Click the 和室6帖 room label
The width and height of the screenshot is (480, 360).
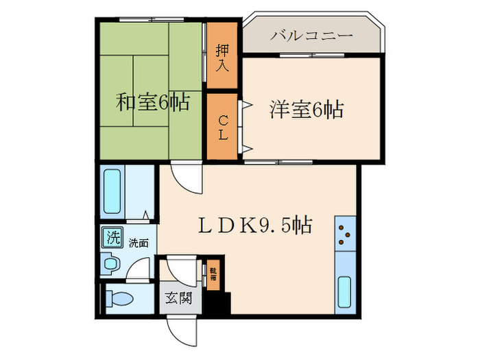tap(152, 102)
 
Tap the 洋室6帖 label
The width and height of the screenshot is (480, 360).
tap(306, 108)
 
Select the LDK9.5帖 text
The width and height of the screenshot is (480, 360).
tap(256, 224)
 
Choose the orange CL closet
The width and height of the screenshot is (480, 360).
tap(221, 127)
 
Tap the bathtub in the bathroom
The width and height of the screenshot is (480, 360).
tap(112, 192)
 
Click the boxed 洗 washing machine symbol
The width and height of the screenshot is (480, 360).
tap(110, 239)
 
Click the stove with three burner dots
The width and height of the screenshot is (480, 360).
tap(344, 235)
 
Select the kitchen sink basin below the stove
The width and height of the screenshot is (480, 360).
tap(345, 291)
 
